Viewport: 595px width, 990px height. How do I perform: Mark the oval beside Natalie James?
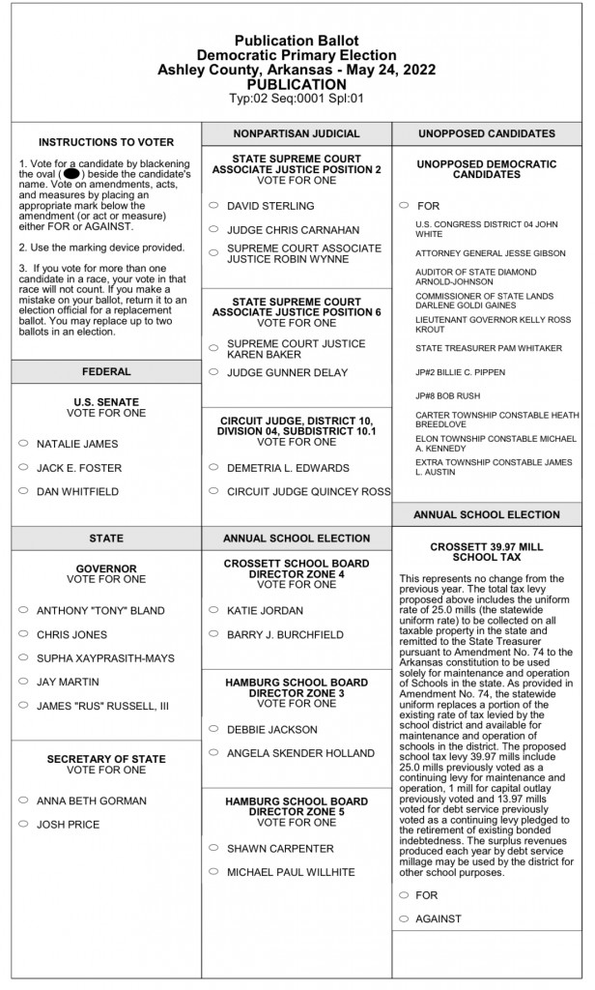22,444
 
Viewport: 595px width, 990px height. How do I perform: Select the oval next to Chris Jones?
22,634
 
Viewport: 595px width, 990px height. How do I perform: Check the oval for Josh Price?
22,825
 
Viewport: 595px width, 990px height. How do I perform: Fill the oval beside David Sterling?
212,206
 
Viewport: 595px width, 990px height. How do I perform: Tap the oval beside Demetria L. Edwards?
212,468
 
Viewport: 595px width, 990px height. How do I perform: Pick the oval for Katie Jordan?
212,610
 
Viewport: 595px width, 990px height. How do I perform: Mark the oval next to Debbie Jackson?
212,729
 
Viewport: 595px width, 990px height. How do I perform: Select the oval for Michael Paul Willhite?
212,872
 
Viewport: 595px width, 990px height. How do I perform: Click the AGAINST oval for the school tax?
403,918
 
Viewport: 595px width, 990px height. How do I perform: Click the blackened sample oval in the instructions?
71,174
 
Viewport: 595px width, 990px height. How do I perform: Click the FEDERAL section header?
105,371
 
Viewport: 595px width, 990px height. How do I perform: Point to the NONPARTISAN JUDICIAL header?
297,133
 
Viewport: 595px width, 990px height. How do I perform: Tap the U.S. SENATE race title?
105,402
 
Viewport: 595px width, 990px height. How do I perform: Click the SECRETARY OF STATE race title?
105,759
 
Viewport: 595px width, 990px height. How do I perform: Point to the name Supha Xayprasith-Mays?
105,658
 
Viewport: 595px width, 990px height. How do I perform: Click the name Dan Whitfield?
77,492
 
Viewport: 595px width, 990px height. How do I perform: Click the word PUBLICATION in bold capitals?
297,84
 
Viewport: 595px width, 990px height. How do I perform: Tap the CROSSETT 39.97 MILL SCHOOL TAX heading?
487,552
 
